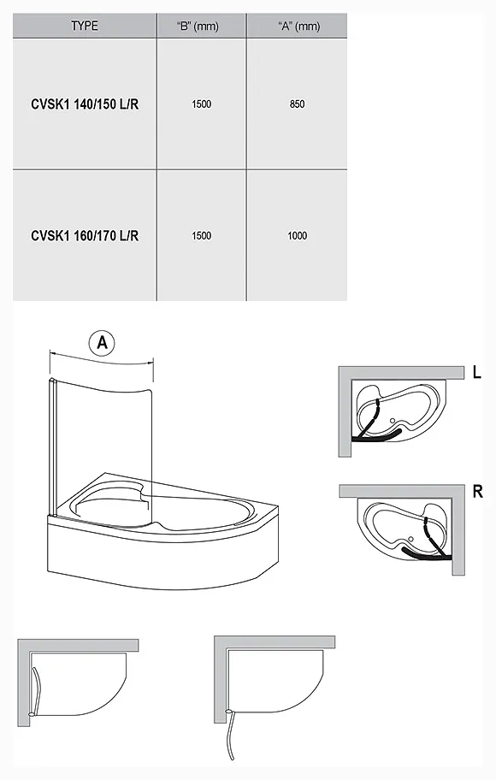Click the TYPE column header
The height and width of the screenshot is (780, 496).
tap(84, 26)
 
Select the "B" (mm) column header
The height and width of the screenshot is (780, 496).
tap(198, 26)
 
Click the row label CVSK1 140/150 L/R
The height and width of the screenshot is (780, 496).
tap(85, 104)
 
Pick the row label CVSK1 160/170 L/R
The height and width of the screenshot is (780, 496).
tap(85, 235)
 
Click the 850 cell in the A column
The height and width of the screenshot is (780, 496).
tap(297, 104)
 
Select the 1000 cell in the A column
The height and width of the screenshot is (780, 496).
tap(297, 236)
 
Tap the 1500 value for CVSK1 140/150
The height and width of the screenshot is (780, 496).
tap(202, 104)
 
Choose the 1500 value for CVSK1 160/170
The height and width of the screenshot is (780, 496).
tap(202, 236)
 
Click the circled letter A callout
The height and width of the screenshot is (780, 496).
tap(102, 342)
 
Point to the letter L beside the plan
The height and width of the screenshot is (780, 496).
tap(476, 372)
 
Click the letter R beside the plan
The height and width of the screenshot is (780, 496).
tap(477, 492)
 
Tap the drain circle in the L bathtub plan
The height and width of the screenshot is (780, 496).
tap(393, 422)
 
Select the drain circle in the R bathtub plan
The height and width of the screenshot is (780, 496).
tap(411, 540)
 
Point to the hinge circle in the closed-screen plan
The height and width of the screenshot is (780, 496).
tap(32, 714)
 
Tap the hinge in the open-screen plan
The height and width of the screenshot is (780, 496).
tap(229, 712)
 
